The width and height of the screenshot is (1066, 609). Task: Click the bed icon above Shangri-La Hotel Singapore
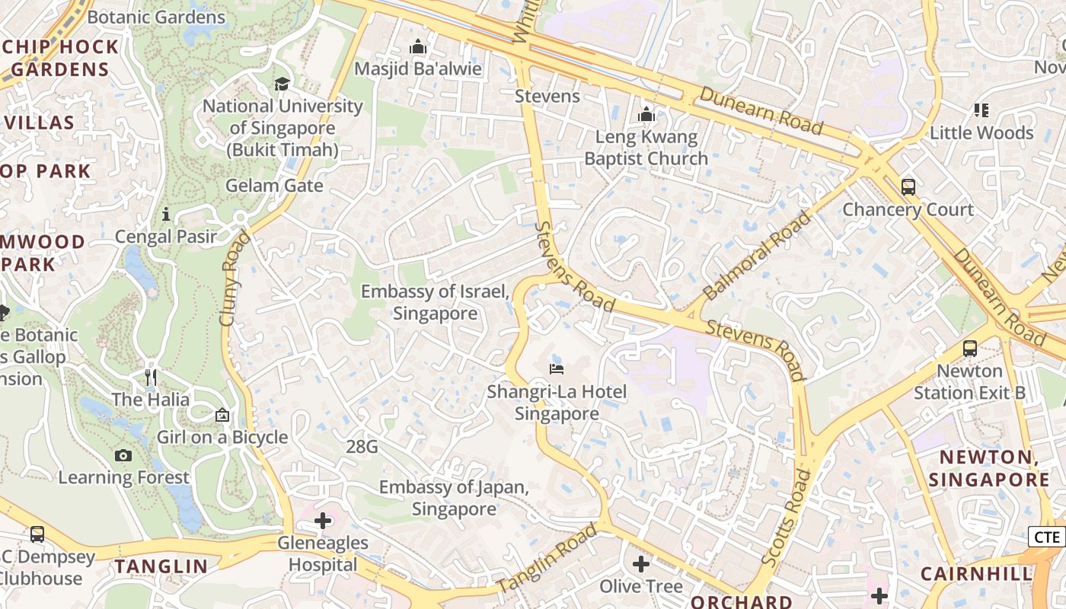557,369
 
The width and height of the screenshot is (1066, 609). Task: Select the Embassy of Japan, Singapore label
454,498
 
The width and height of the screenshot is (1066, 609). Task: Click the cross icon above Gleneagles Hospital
323,521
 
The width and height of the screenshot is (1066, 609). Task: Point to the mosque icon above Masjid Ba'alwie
417,47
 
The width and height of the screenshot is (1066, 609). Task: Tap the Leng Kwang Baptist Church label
646,148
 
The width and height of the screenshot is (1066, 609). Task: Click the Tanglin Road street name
547,559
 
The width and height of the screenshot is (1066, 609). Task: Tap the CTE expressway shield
1047,537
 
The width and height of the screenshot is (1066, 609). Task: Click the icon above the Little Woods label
981,110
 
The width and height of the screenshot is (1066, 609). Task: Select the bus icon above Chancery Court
908,187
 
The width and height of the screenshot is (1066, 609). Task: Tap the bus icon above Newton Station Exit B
969,349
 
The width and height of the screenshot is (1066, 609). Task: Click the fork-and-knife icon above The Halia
151,377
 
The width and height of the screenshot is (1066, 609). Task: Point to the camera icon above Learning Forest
123,455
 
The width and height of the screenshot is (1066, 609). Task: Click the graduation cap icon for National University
282,84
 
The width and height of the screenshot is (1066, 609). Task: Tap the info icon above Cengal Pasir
166,215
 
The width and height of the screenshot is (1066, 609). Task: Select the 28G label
362,447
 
